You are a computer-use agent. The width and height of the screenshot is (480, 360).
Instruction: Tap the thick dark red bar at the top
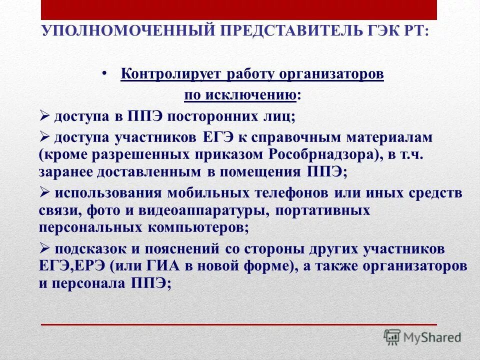[238, 9]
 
